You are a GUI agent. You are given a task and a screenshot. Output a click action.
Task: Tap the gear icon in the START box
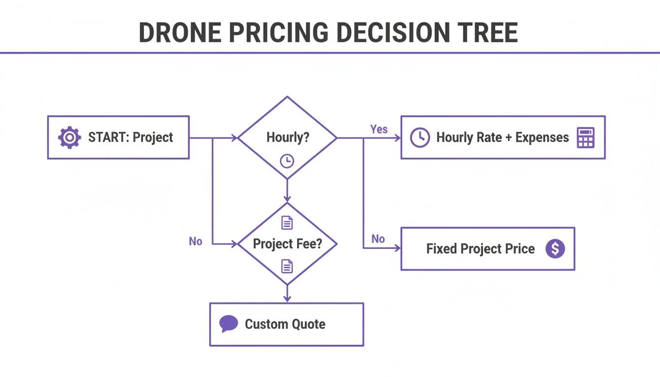(x=69, y=137)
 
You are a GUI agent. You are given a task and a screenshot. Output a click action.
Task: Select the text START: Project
(x=130, y=137)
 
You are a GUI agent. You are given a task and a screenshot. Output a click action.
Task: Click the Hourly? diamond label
(x=288, y=137)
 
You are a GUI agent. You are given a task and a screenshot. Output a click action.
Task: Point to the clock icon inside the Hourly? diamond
(x=287, y=161)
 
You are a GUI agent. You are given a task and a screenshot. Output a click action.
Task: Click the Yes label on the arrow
(x=379, y=130)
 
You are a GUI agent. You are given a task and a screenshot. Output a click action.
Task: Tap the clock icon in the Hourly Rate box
(x=420, y=137)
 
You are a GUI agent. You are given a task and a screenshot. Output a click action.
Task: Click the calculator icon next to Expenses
(x=585, y=137)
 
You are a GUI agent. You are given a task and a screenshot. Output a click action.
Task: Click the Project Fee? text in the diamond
(x=287, y=243)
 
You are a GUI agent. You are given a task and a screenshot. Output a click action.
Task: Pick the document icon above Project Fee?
(x=287, y=223)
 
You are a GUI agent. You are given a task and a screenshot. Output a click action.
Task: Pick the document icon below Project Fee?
(x=287, y=266)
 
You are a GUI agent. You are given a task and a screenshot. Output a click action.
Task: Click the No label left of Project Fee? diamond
(x=195, y=241)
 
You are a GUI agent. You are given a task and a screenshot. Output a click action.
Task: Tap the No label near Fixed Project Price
(x=378, y=239)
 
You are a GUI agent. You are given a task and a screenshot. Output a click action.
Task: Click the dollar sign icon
(x=555, y=249)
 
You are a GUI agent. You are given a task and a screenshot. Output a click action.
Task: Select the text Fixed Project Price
(x=480, y=249)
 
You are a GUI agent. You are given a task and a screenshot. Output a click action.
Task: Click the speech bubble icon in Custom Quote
(x=228, y=323)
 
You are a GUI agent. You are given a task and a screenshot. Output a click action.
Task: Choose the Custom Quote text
(x=285, y=324)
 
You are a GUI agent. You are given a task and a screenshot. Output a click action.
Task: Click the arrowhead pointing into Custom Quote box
(x=287, y=298)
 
